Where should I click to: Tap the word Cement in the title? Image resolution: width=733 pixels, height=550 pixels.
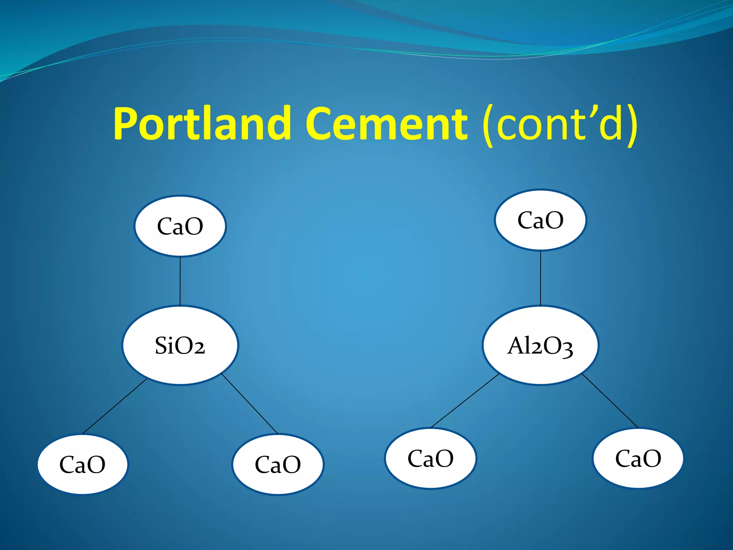(x=386, y=124)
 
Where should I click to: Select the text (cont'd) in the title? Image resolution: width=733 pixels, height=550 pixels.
(x=559, y=124)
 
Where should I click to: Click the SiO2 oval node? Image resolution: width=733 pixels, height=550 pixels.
(x=180, y=345)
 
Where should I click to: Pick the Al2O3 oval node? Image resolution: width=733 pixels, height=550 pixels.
(x=540, y=345)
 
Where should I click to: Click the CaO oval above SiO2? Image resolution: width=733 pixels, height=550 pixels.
(x=180, y=226)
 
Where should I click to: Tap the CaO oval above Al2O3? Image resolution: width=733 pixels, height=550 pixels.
(x=540, y=220)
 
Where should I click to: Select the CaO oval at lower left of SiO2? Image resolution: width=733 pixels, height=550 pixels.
(x=82, y=464)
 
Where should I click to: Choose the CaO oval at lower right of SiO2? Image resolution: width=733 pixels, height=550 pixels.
(x=278, y=464)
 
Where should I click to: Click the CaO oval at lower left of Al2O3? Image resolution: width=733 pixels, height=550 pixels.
(x=431, y=458)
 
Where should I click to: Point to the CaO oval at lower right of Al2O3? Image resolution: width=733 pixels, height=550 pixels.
(x=638, y=458)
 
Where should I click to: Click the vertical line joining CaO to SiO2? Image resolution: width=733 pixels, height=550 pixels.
(x=180, y=281)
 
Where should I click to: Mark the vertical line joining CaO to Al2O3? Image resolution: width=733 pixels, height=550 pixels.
(x=540, y=278)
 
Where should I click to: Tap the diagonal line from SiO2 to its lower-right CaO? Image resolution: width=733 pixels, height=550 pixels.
(x=250, y=404)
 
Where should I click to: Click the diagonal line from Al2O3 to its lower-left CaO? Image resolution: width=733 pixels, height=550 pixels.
(x=465, y=400)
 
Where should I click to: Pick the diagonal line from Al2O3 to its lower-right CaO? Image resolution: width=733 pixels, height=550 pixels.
(x=610, y=401)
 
